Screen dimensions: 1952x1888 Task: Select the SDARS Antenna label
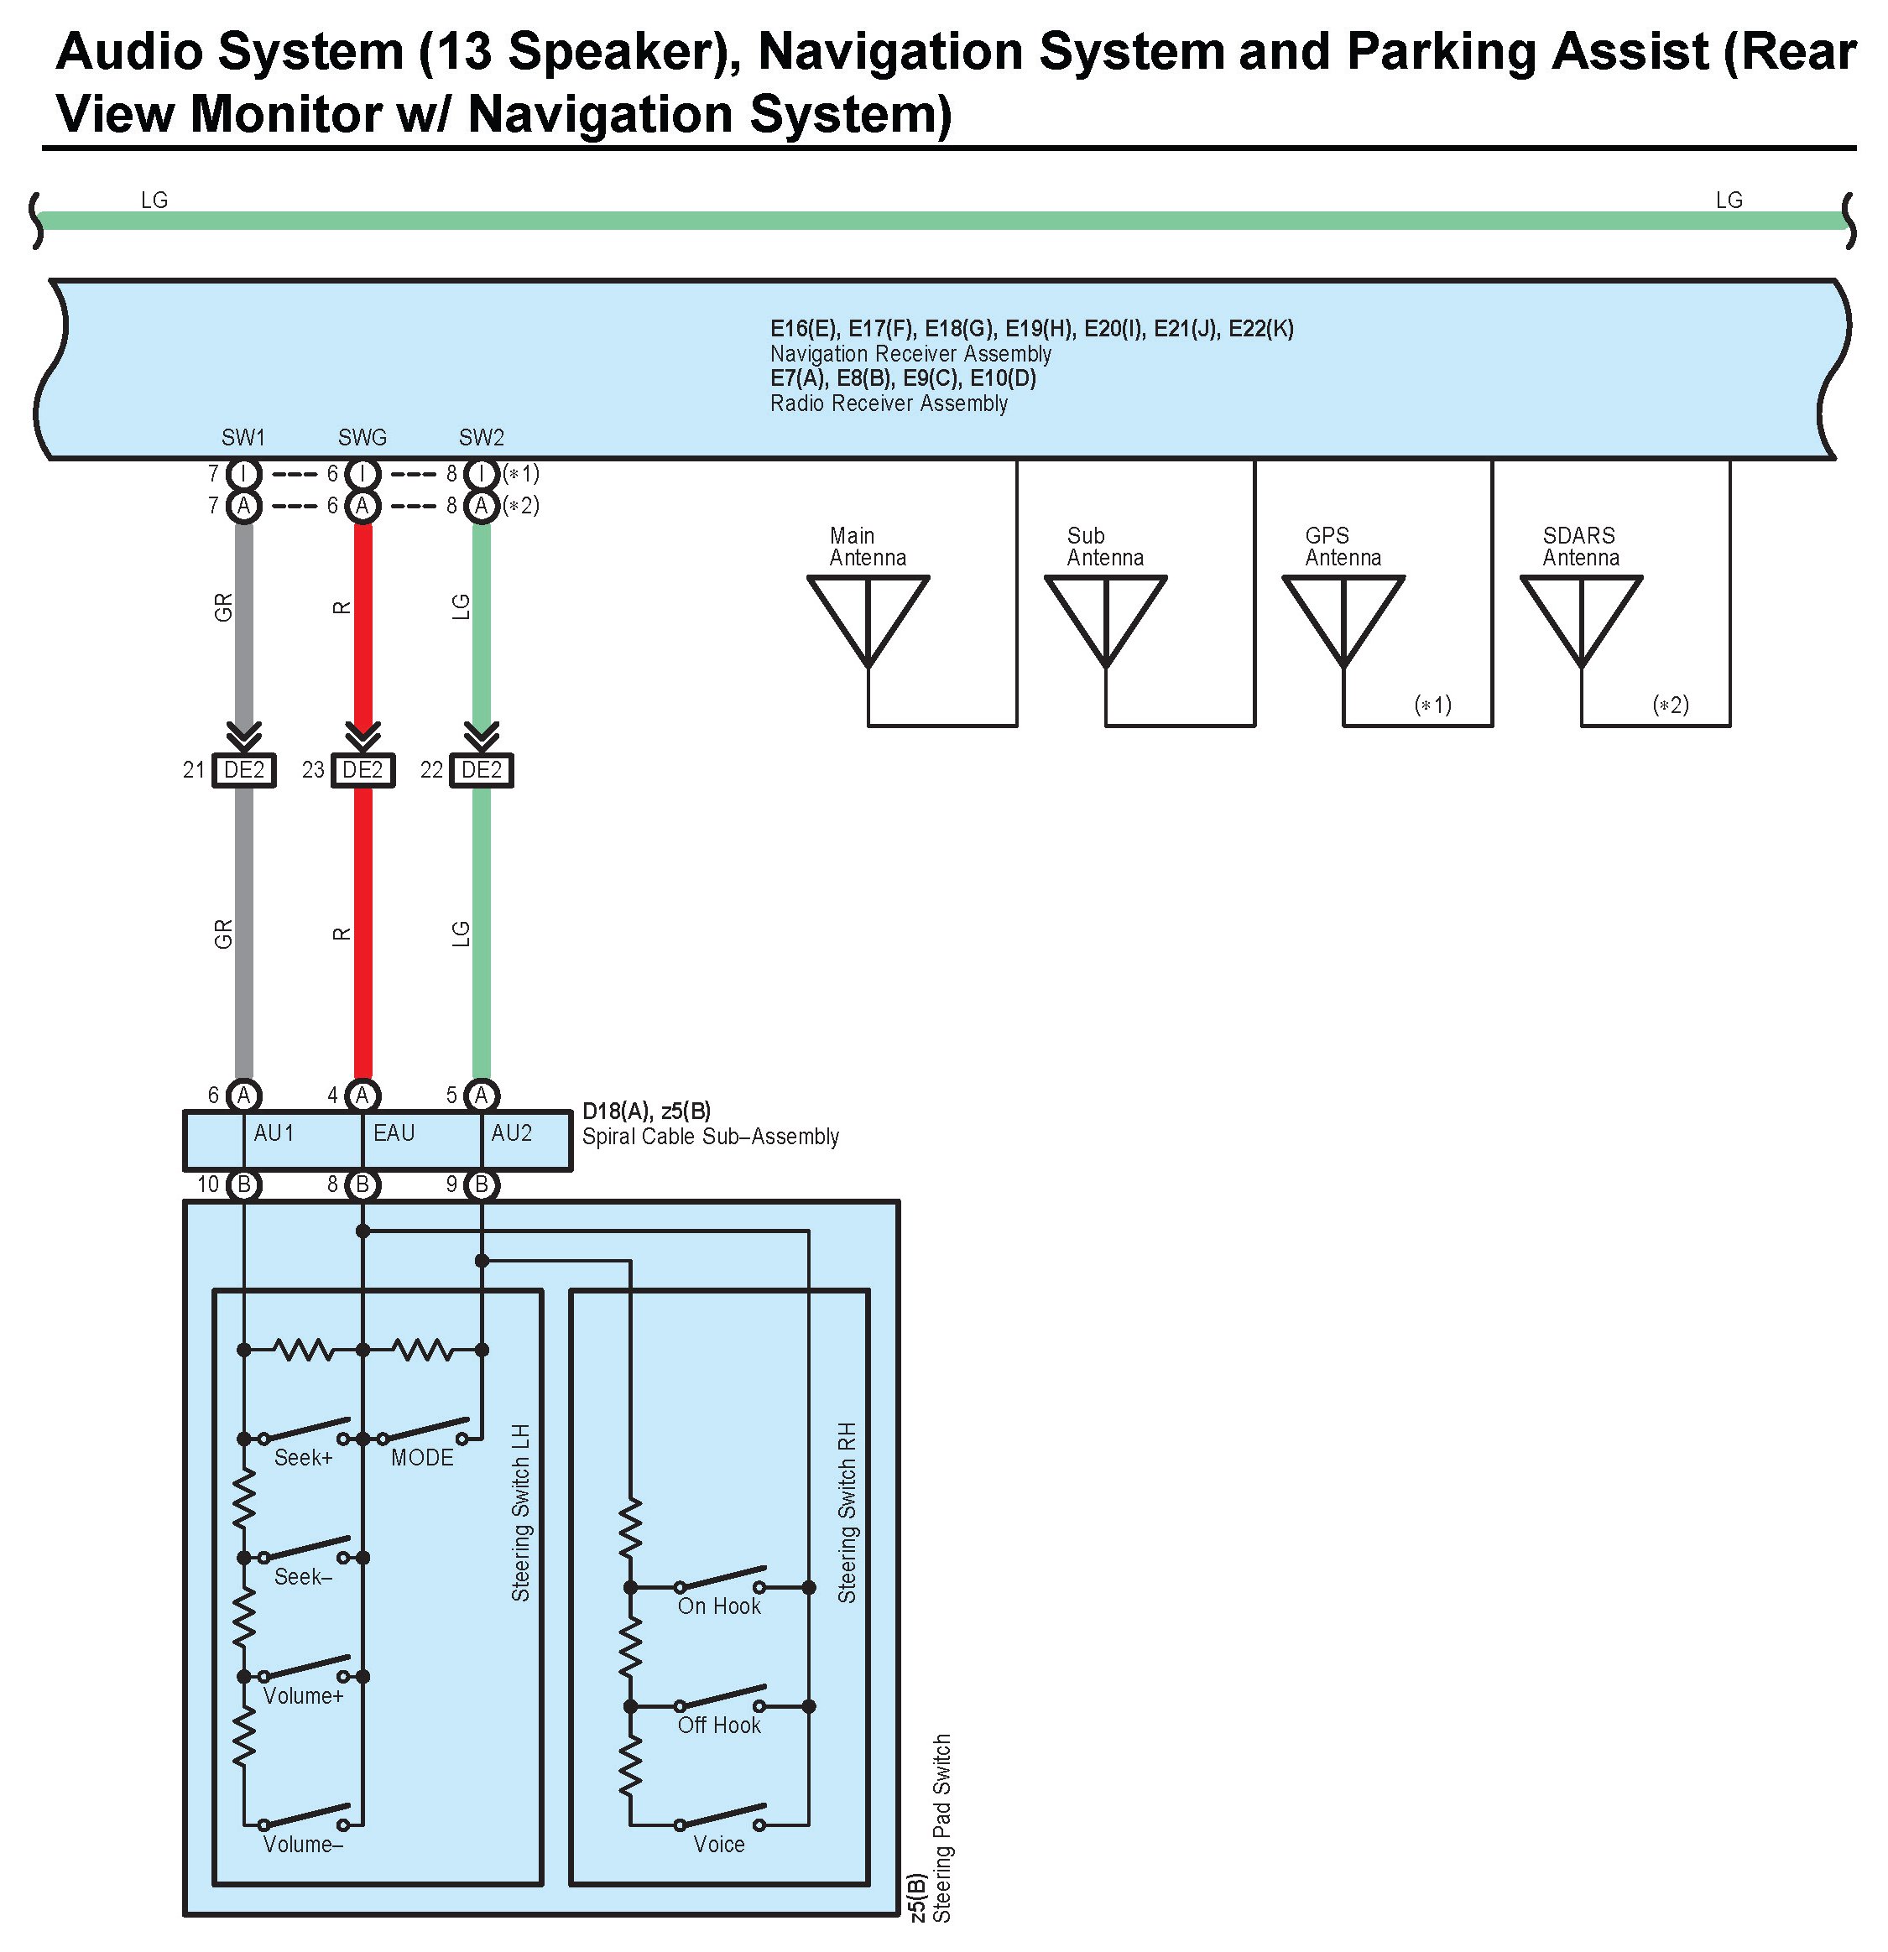click(1580, 547)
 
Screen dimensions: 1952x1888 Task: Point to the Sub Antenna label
click(1105, 547)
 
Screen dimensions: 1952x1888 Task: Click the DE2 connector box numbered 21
click(244, 770)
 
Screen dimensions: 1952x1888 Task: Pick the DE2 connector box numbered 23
click(362, 770)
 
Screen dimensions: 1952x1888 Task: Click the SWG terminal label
click(362, 437)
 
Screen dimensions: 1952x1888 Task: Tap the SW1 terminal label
click(244, 437)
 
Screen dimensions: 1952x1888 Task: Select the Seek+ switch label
click(303, 1458)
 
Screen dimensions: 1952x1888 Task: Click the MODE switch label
click(422, 1458)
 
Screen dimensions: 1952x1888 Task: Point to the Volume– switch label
click(303, 1845)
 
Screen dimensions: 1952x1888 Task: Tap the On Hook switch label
click(718, 1606)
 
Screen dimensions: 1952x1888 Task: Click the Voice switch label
click(718, 1845)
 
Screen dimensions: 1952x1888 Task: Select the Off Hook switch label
click(718, 1725)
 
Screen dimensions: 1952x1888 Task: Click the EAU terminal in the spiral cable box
click(394, 1133)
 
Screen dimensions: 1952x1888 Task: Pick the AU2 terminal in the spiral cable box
click(512, 1133)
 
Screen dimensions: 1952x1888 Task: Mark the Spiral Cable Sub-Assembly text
click(711, 1137)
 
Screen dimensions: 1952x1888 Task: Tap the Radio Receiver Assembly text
click(889, 403)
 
